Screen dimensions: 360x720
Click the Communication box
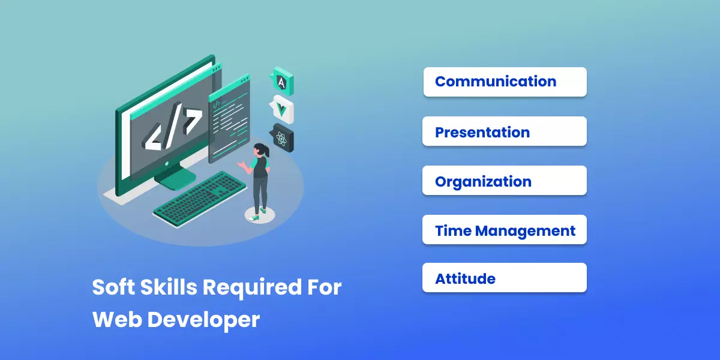pos(505,82)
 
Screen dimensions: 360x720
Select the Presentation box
pos(505,131)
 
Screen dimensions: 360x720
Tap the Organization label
pos(483,181)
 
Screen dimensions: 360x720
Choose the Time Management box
pos(505,230)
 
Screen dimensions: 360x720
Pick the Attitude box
pos(505,278)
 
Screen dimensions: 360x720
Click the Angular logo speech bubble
pos(282,80)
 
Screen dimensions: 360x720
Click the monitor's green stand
pos(174,175)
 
